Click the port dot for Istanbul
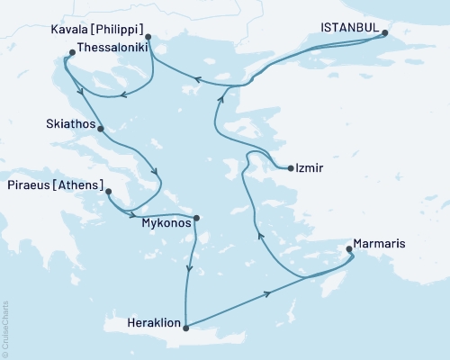pos(385,34)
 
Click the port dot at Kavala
pos(148,38)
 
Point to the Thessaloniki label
pos(112,44)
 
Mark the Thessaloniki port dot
pos(72,52)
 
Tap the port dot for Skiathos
pos(100,129)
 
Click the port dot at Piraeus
pos(108,192)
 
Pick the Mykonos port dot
pos(197,217)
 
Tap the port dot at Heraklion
pos(185,328)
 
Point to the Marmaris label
pos(384,241)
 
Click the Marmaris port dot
pos(351,252)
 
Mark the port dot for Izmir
pos(290,168)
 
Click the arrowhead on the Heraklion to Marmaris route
pos(267,293)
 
